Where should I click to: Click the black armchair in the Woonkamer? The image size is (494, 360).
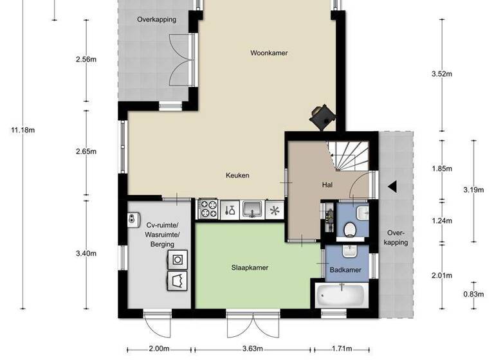[321, 116]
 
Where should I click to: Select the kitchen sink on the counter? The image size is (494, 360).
[252, 209]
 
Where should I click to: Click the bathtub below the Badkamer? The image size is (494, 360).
[342, 296]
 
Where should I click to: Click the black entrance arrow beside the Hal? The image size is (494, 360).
[392, 186]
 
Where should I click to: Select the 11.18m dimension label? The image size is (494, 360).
[23, 130]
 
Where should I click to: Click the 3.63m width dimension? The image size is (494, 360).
[253, 349]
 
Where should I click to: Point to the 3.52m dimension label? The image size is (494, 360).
[442, 74]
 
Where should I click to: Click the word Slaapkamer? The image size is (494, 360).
[250, 267]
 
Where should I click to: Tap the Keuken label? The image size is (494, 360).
[237, 175]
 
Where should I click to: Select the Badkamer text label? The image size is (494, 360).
[345, 270]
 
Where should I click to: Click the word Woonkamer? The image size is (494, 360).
[269, 53]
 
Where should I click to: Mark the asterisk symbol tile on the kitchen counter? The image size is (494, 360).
[275, 210]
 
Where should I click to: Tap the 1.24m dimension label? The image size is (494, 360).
[442, 221]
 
